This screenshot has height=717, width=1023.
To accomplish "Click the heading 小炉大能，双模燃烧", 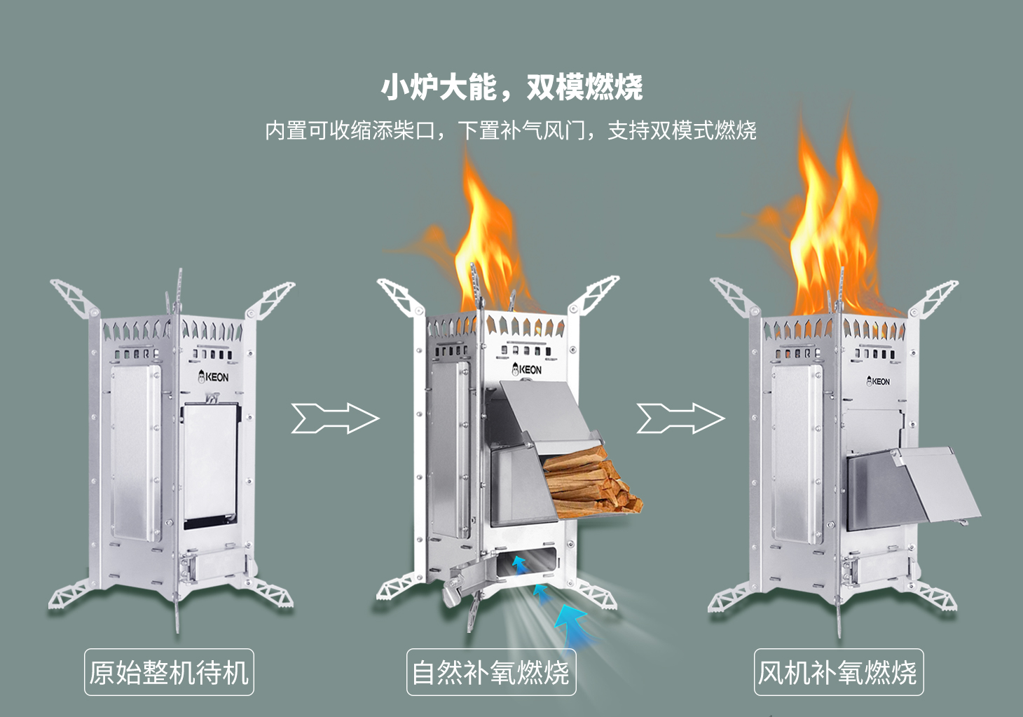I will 511,88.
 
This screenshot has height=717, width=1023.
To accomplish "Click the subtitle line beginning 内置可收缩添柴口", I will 510,130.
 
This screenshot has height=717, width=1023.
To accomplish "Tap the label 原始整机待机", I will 169,673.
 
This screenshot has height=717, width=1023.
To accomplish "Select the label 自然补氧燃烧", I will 490,673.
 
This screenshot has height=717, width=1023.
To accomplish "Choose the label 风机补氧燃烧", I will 838,673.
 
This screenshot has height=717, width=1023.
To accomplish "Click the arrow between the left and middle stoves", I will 335,418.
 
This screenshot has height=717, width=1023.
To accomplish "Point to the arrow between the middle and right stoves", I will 680,418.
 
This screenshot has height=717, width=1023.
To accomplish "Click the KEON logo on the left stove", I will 214,376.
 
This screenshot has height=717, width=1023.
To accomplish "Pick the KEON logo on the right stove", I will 878,381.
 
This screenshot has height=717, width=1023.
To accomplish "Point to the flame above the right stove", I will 834,238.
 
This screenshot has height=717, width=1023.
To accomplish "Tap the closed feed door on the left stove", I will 210,463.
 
